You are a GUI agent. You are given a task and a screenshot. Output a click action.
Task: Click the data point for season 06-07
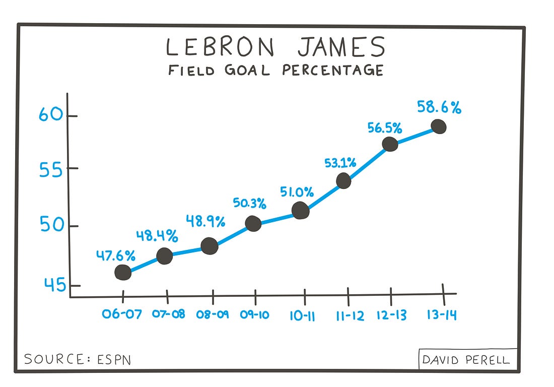point(123,272)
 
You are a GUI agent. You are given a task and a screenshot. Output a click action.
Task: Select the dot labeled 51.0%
point(300,210)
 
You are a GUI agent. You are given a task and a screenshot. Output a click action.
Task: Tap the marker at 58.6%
point(439,126)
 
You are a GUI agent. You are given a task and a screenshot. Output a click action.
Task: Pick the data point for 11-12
point(343,180)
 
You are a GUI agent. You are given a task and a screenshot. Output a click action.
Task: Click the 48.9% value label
point(205,221)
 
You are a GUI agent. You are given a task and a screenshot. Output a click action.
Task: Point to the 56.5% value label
point(385,128)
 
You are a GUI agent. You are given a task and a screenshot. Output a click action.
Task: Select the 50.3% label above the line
point(249,203)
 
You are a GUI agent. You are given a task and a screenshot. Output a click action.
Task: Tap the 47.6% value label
point(116,255)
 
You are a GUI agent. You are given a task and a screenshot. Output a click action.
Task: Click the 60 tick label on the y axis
point(51,115)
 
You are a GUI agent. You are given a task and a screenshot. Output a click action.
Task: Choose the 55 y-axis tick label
point(51,170)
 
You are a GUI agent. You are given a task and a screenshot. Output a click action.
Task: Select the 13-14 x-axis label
point(442,315)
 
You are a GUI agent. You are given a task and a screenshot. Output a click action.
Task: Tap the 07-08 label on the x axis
point(168,314)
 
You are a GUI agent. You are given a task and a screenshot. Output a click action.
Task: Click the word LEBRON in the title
point(220,47)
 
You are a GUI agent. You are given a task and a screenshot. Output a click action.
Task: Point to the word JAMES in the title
point(340,47)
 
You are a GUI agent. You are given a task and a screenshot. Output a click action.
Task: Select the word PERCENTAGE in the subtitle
point(332,70)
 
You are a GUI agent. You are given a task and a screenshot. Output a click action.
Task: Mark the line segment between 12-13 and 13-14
point(414,136)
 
